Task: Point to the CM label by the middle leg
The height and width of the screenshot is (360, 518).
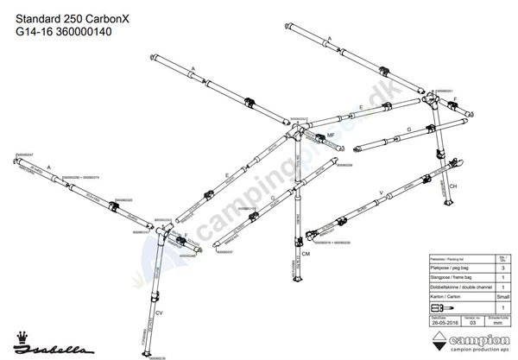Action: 306,255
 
